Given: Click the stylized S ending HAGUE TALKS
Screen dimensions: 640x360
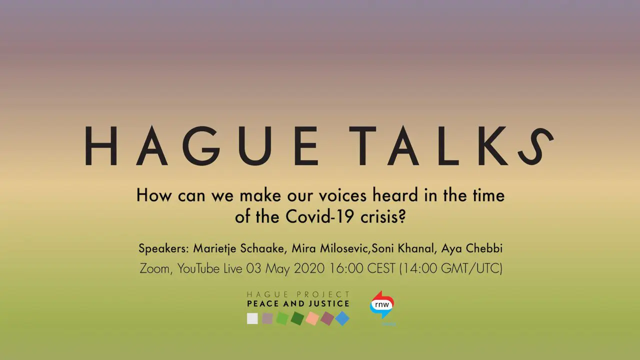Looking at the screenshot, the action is click(x=535, y=146).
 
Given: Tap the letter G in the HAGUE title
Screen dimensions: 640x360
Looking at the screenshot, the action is click(x=201, y=146).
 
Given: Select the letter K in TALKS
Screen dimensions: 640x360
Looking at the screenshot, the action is click(x=493, y=146).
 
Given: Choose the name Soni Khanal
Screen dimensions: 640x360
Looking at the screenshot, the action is click(x=403, y=248).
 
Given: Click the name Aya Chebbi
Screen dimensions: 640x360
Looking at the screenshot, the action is click(x=471, y=248).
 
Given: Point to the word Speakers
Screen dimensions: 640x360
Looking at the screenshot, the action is click(x=162, y=248).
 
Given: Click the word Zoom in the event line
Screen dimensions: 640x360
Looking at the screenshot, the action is click(x=154, y=268).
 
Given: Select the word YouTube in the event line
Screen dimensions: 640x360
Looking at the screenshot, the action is click(x=198, y=268).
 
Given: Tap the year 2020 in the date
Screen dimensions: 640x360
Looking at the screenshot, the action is click(x=309, y=268).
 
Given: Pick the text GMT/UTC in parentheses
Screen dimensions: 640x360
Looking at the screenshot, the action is click(x=471, y=268).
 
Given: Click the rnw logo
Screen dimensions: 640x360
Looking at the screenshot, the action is click(x=382, y=305).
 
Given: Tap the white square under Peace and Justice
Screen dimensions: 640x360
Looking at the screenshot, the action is click(x=252, y=318).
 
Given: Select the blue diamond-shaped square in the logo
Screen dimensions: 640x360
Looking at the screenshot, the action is click(x=342, y=318).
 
